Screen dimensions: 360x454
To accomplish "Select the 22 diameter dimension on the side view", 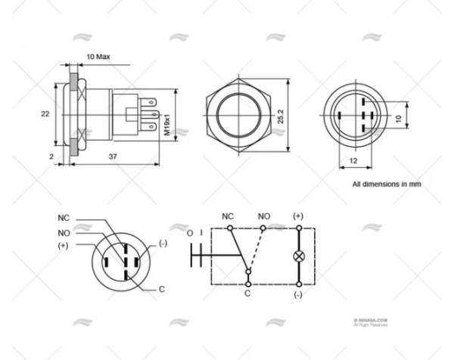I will click(45, 113).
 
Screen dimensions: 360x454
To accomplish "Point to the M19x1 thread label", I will click(167, 125).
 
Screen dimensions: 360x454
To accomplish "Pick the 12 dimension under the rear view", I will click(353, 161).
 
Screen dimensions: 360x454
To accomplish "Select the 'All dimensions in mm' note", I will click(386, 184).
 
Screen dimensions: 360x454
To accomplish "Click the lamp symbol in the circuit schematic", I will click(298, 256).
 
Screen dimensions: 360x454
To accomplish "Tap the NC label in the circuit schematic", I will click(227, 216).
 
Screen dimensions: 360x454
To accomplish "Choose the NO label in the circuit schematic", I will click(263, 216).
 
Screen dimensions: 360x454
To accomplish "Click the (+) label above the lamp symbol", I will click(298, 216).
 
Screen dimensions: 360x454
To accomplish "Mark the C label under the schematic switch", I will click(247, 293).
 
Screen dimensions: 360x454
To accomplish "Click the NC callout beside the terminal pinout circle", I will click(64, 217).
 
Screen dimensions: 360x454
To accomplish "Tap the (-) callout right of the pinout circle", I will click(163, 243).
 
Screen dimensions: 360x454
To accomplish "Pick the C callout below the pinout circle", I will click(162, 288).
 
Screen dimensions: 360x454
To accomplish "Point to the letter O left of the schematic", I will click(190, 234).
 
